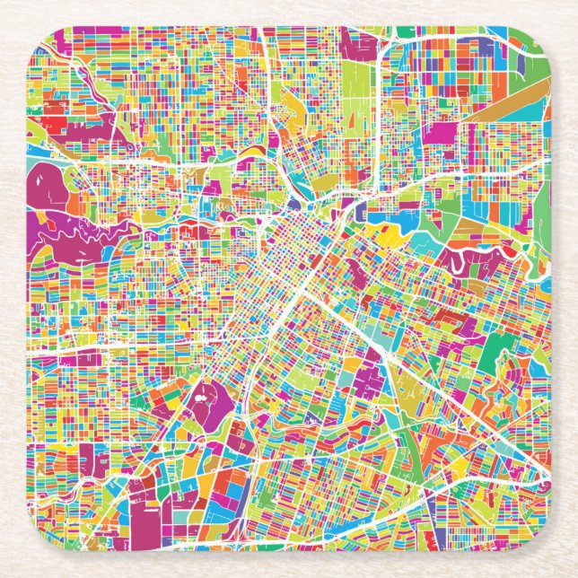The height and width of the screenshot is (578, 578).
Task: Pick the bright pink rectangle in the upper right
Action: tap(440, 133)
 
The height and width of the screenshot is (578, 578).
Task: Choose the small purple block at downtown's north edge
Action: tap(360, 210)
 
